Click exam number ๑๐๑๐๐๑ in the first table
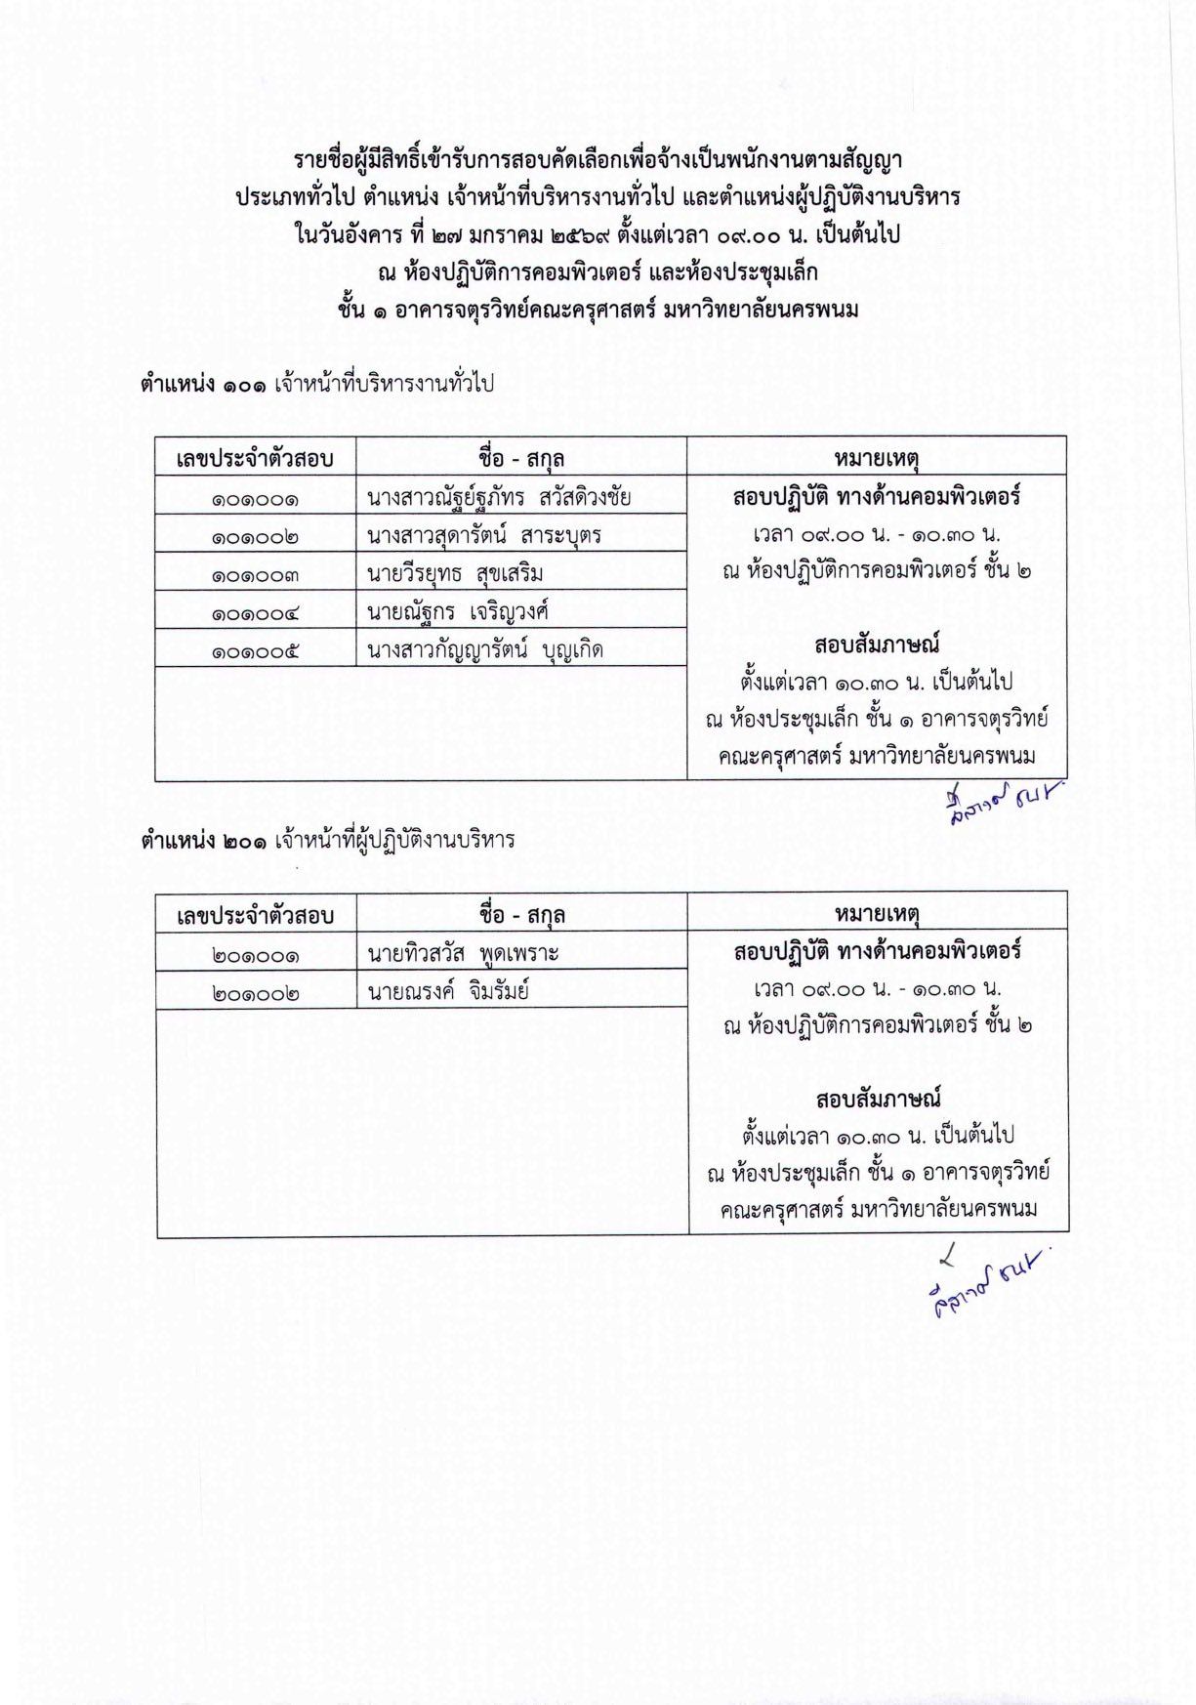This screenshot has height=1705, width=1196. coord(255,498)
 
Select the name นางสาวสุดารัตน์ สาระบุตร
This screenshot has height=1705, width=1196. coord(483,536)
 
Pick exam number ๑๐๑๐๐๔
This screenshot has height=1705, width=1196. coord(255,612)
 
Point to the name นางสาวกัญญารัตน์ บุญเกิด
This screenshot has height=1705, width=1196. coord(484,649)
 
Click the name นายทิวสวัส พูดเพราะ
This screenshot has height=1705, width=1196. coord(463,953)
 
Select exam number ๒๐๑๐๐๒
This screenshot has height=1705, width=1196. coord(255,992)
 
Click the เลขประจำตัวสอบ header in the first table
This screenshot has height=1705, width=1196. coord(255,458)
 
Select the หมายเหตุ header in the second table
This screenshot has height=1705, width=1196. coord(878,914)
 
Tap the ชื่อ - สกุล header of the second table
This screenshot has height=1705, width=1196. coord(522,914)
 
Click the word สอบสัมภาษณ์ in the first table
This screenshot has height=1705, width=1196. coord(877,645)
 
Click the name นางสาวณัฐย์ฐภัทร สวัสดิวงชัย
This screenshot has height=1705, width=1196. coord(499,498)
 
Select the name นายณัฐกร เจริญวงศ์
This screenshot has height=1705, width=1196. coord(458,612)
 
